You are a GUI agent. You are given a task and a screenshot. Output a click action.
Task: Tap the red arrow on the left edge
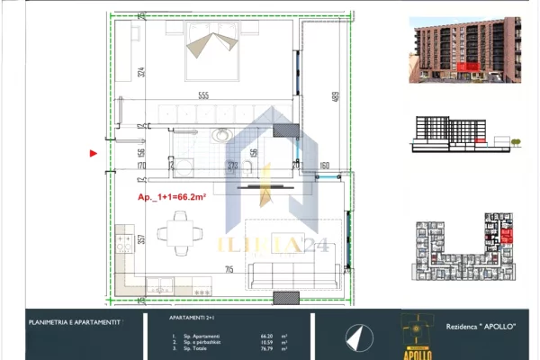coord(92,153)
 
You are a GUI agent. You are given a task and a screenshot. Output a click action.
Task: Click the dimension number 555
coord(206,96)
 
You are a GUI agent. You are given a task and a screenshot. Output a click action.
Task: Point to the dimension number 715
coord(229,269)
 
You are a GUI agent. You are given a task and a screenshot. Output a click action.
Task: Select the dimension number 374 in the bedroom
coord(141,72)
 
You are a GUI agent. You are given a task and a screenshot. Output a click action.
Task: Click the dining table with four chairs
coord(173,236)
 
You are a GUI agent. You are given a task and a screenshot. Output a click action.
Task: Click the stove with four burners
coord(123,245)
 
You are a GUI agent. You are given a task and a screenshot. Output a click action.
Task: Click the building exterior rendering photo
coord(464,49)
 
